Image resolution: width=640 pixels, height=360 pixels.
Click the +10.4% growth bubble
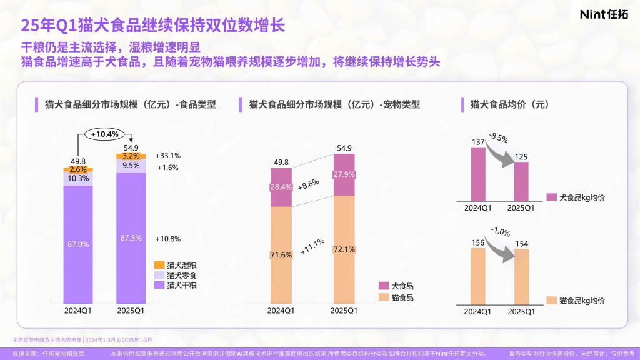click(x=105, y=134)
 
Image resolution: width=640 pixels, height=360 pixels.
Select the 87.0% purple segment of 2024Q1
click(x=78, y=244)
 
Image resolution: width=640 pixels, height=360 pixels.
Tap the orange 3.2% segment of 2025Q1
click(x=131, y=156)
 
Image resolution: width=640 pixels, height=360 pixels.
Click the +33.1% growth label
click(x=168, y=156)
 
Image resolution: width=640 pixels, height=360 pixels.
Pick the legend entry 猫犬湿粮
click(x=176, y=265)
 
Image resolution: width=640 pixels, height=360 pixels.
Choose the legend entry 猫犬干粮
click(x=176, y=285)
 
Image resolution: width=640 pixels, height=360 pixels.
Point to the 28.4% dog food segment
click(x=281, y=187)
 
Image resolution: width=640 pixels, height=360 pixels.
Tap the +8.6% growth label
click(x=309, y=184)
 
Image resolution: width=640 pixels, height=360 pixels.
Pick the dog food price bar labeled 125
click(x=516, y=181)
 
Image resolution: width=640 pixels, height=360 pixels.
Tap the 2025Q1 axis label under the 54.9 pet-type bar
click(x=343, y=311)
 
